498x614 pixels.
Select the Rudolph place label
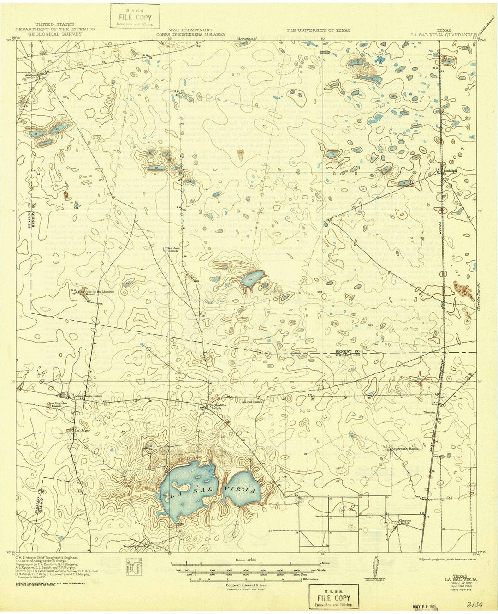(x=450, y=171)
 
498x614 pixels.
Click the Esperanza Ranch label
(x=404, y=448)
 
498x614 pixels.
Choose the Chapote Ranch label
(x=405, y=522)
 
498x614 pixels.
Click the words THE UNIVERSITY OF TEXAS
(x=318, y=30)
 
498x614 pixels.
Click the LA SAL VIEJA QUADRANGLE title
(x=442, y=34)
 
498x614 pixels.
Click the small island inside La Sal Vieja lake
(x=179, y=486)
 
